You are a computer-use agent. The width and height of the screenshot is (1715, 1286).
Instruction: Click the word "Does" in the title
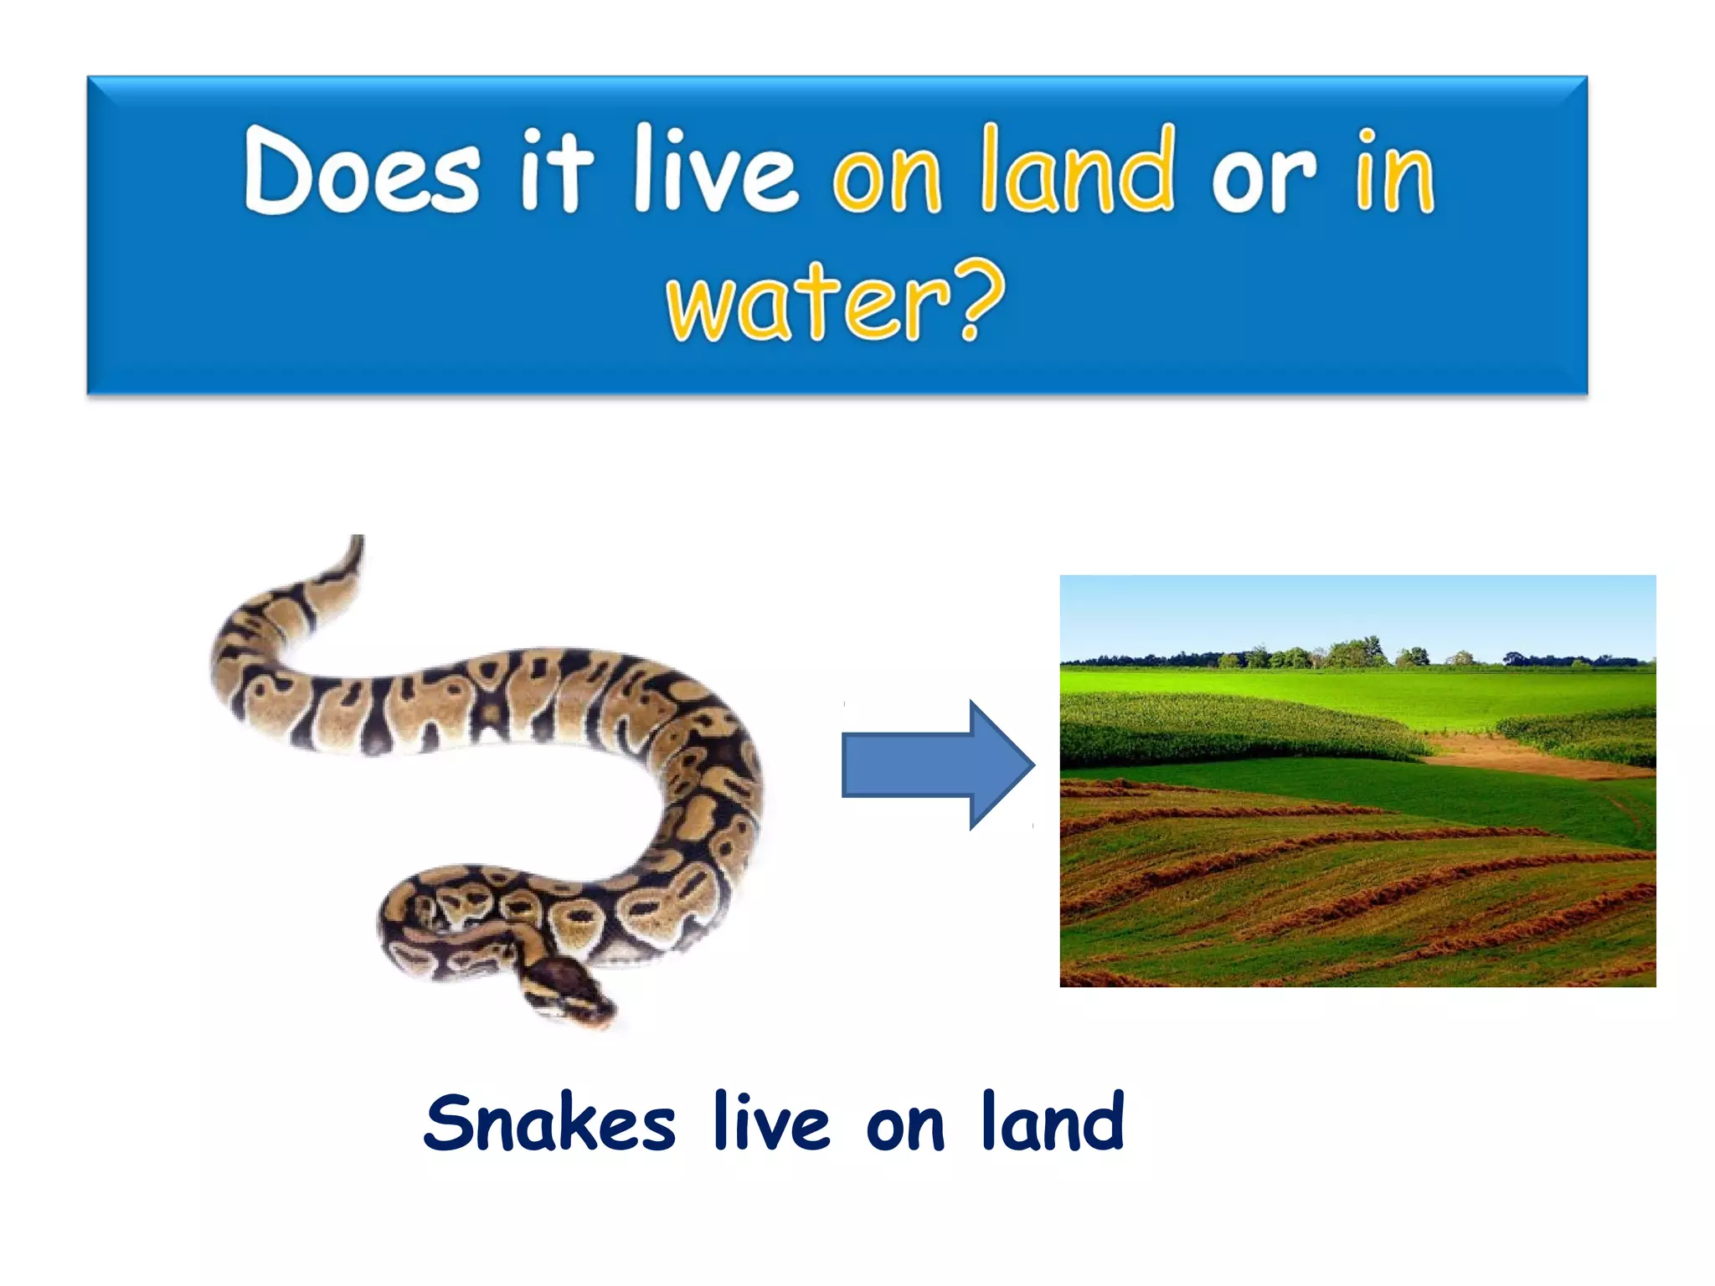[x=362, y=170]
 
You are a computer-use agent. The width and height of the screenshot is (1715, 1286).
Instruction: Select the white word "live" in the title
[x=715, y=170]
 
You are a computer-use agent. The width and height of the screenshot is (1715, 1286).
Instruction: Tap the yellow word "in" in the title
[x=1395, y=172]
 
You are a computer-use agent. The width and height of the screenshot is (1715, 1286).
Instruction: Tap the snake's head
[x=569, y=988]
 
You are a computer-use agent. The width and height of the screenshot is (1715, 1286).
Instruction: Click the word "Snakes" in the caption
[x=549, y=1124]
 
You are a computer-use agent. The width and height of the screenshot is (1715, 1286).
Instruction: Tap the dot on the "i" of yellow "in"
[x=1367, y=136]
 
